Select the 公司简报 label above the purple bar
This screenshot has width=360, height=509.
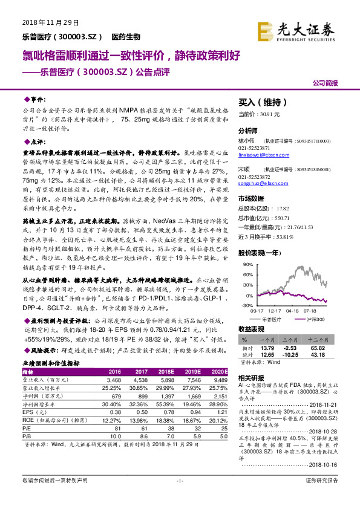tap(324, 83)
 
